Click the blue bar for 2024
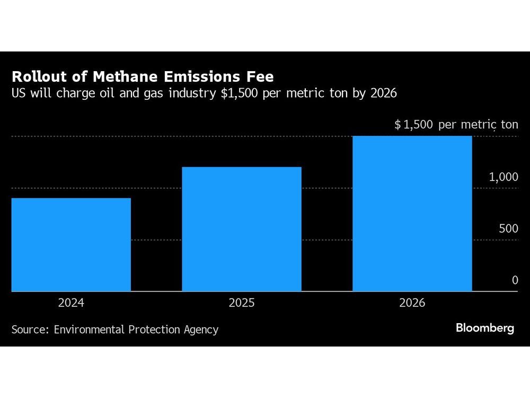point(71,245)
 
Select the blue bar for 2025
point(242,229)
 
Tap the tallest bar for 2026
point(412,214)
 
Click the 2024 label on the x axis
point(71,304)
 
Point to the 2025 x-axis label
point(242,304)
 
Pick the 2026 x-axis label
point(412,304)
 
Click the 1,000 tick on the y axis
point(503,177)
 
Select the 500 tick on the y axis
point(508,229)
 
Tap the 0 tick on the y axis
point(515,280)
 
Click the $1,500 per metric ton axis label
point(456,125)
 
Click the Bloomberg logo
point(485,328)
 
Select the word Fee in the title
point(260,76)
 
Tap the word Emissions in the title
point(198,76)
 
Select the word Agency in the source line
point(199,330)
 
